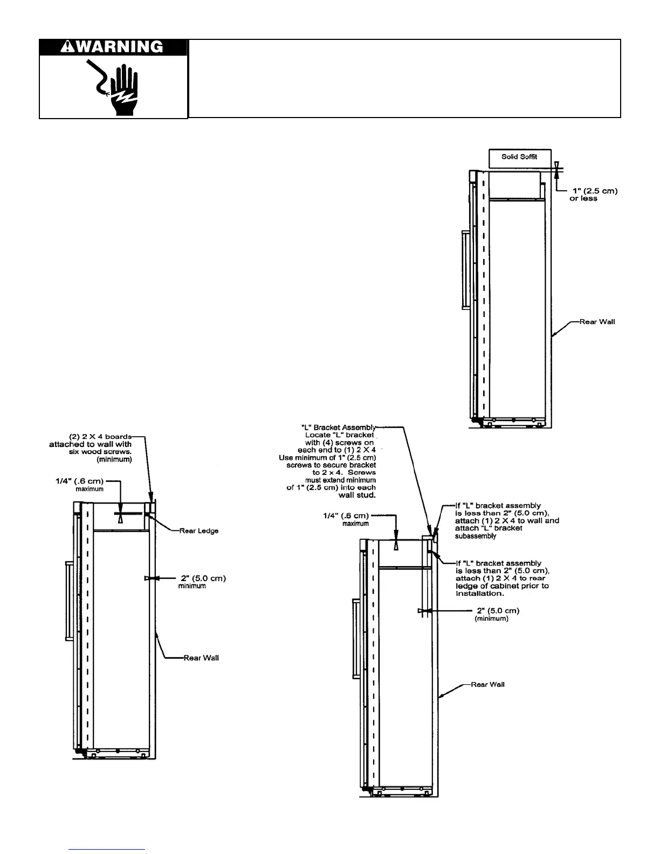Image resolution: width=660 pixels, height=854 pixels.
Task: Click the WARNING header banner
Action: pyautogui.click(x=113, y=47)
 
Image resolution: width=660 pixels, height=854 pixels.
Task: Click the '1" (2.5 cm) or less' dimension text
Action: pyautogui.click(x=593, y=195)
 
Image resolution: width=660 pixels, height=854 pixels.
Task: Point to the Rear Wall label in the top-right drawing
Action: pyautogui.click(x=597, y=322)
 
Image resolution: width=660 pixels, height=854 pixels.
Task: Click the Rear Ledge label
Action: pyautogui.click(x=199, y=531)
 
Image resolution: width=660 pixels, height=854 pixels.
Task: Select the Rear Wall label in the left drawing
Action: pyautogui.click(x=201, y=658)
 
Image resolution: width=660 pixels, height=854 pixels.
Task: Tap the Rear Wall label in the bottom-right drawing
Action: pyautogui.click(x=487, y=685)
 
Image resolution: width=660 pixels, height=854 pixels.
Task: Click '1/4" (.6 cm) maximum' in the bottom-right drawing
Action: pyautogui.click(x=345, y=519)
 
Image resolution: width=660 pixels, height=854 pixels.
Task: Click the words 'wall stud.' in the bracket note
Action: pyautogui.click(x=357, y=495)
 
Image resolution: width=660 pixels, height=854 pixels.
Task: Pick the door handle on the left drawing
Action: pyautogui.click(x=68, y=601)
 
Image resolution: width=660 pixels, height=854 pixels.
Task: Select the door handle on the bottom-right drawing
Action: pyautogui.click(x=356, y=639)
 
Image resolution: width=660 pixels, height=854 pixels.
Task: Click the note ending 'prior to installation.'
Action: pyautogui.click(x=501, y=578)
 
